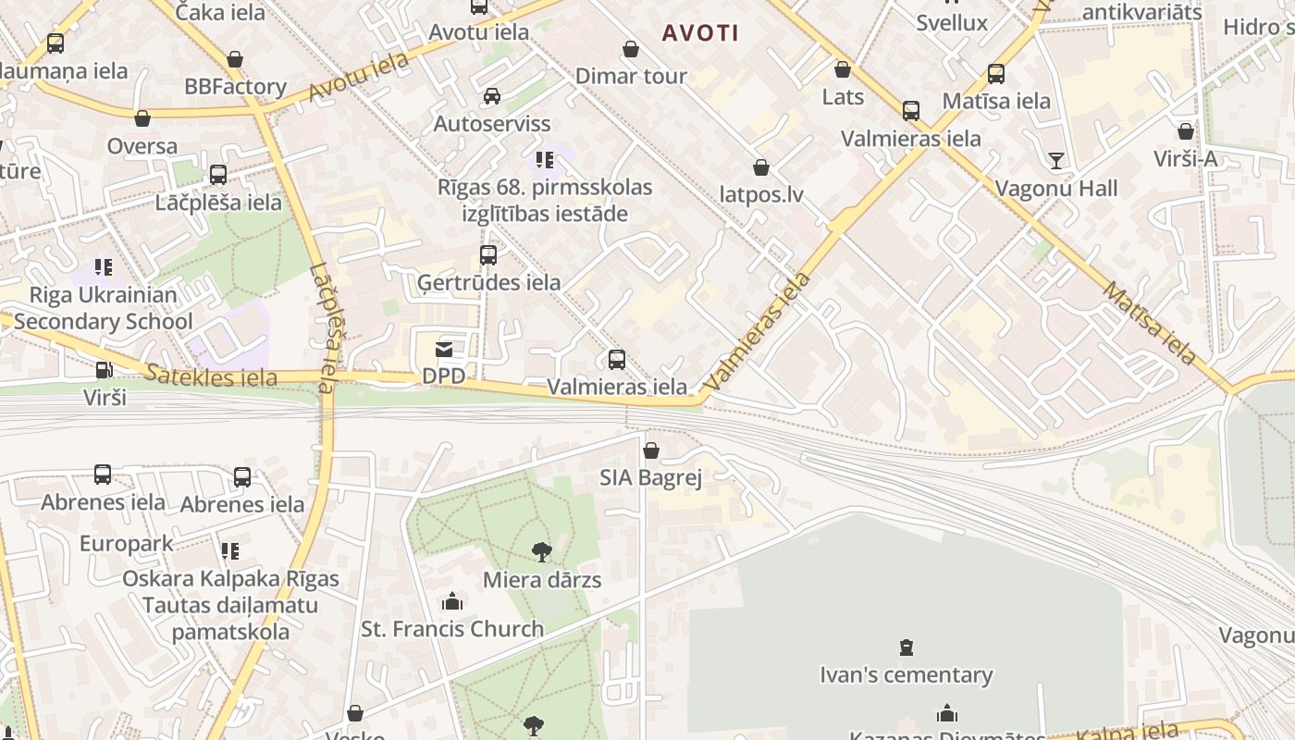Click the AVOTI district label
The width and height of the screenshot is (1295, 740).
700,33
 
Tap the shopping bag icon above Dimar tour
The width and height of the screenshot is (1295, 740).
631,49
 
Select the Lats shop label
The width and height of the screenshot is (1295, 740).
843,96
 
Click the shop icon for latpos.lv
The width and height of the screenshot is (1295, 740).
761,167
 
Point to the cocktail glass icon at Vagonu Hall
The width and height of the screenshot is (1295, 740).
1055,161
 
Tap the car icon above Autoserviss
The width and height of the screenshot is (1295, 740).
492,96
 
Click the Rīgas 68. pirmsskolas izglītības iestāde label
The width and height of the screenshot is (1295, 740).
545,201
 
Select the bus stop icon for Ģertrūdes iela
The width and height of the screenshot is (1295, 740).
487,255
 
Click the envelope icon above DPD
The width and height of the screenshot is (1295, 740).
444,350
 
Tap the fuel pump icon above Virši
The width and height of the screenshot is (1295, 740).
105,370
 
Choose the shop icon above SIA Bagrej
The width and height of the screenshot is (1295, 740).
651,450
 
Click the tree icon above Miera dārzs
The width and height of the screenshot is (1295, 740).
542,552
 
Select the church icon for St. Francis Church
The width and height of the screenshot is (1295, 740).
452,601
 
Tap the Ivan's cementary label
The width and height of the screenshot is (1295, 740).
906,675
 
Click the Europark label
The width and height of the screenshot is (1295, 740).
127,543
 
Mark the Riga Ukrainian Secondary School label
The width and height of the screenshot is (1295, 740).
103,308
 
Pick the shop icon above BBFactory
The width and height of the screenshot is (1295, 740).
235,59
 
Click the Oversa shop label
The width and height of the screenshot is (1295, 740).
142,146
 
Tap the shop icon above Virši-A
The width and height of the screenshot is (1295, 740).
1186,131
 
